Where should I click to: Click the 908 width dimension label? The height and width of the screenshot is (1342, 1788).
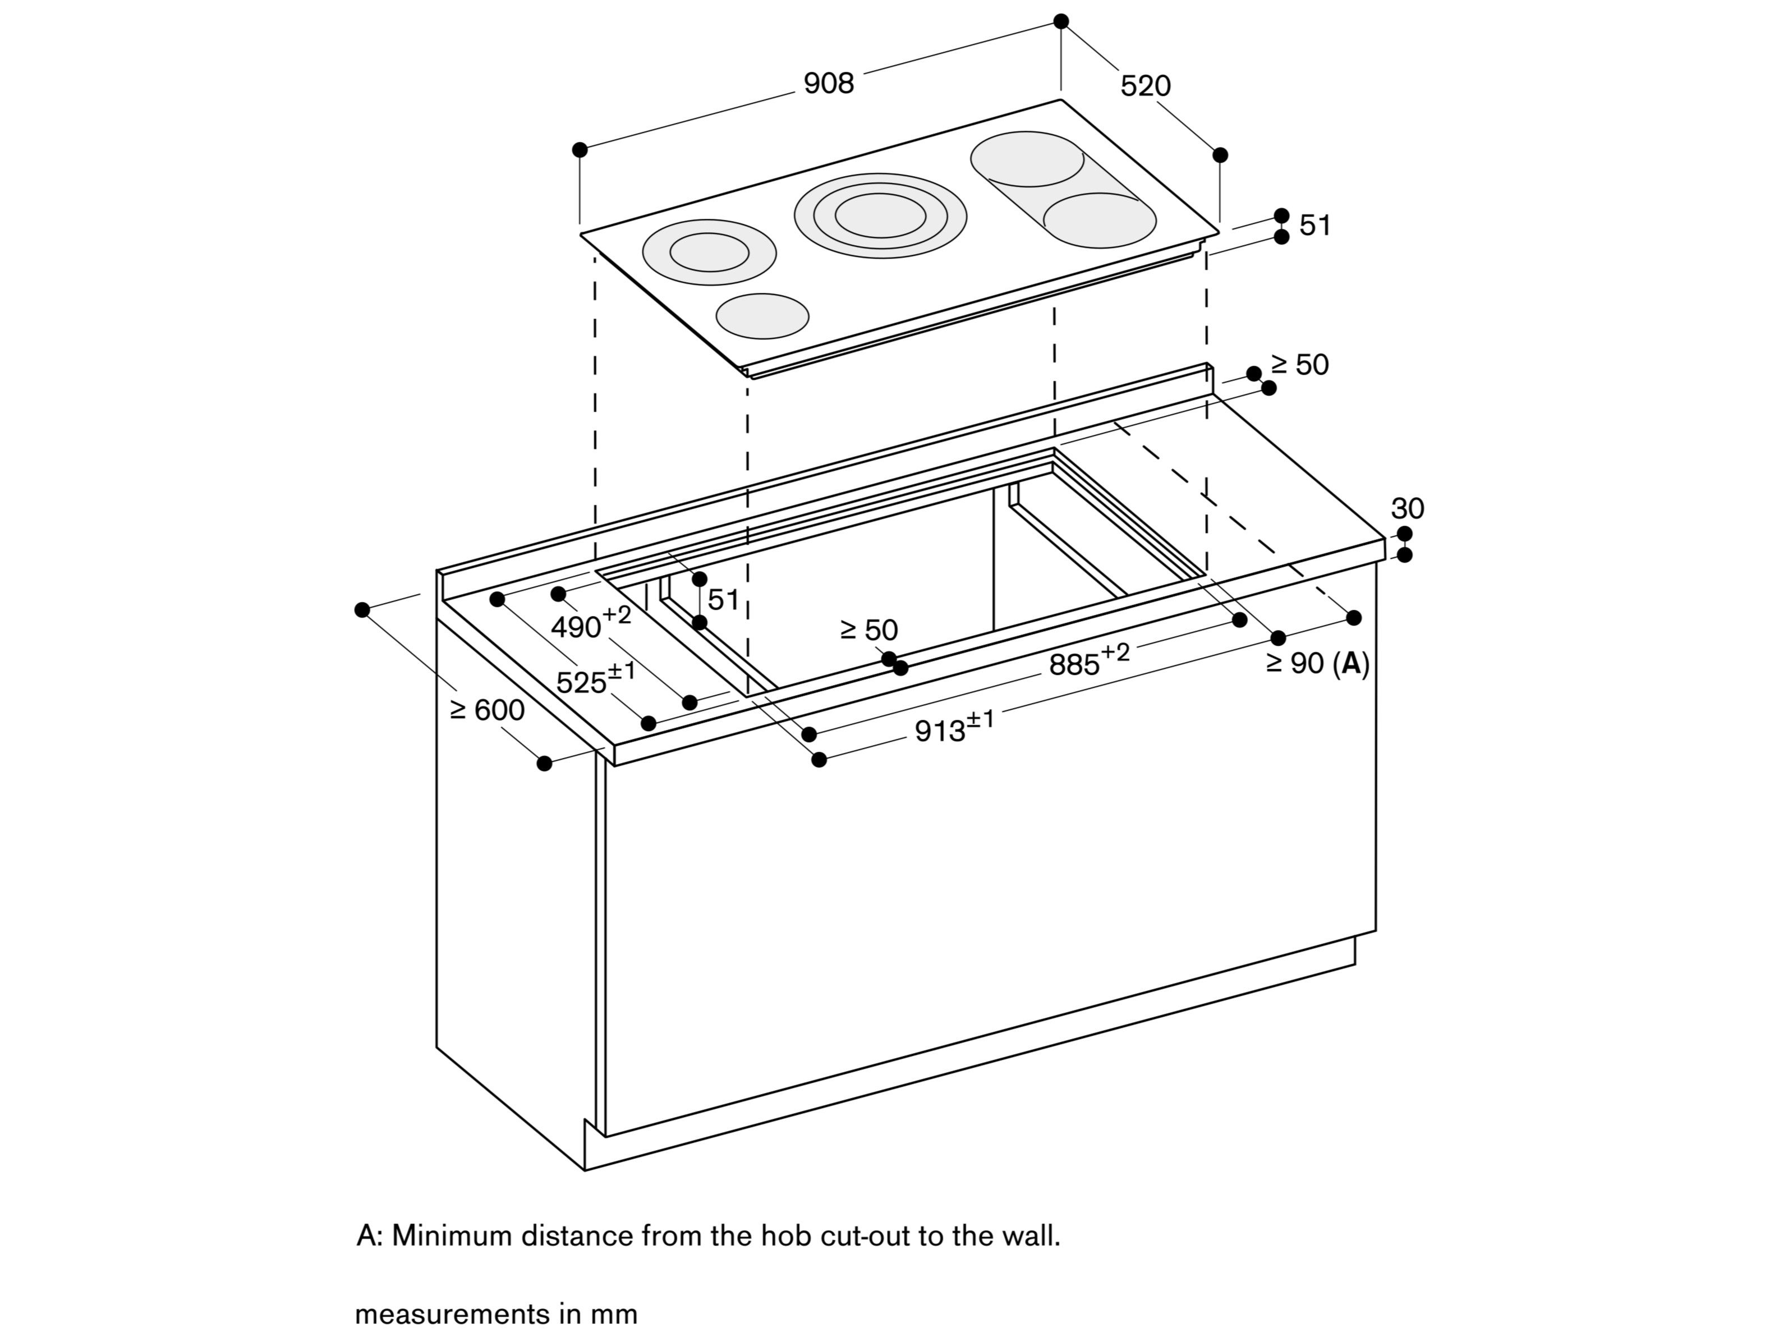[829, 83]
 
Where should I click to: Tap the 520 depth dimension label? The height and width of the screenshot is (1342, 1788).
[1146, 86]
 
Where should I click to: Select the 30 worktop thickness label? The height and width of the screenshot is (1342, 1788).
[1407, 508]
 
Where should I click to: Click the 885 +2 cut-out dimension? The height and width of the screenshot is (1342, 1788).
[1088, 661]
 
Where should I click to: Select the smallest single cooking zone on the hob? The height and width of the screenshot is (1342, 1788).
[762, 316]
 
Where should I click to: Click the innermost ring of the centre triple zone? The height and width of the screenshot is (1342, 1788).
[880, 215]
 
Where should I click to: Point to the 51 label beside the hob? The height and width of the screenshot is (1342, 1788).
[1315, 226]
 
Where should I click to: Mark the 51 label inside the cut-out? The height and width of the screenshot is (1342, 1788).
[723, 600]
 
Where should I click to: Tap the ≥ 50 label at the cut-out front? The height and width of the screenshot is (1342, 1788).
[869, 630]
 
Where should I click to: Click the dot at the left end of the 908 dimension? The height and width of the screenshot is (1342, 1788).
[580, 150]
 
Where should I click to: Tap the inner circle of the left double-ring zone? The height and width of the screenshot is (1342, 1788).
[709, 252]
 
